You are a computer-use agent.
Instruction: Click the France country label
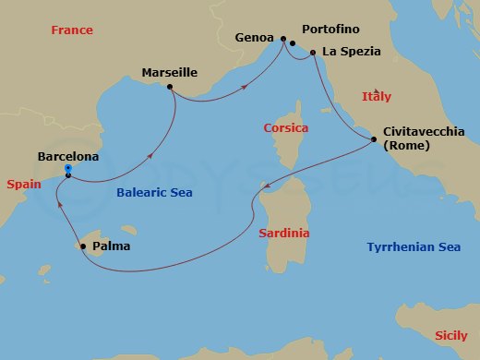coord(72,30)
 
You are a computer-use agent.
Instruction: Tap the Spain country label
coord(24,185)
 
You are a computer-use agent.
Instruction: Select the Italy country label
coord(377,96)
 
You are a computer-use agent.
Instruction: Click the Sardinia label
coord(283,234)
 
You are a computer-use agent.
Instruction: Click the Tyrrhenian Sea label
coord(414,246)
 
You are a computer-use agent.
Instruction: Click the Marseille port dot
coord(170,88)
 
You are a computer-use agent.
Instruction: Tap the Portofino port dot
coord(293,43)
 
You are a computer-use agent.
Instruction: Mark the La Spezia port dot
coord(314,53)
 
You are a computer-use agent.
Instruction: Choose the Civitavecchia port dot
coord(373,140)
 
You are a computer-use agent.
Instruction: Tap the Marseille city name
coord(170,71)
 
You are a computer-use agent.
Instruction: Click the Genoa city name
coord(254,39)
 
